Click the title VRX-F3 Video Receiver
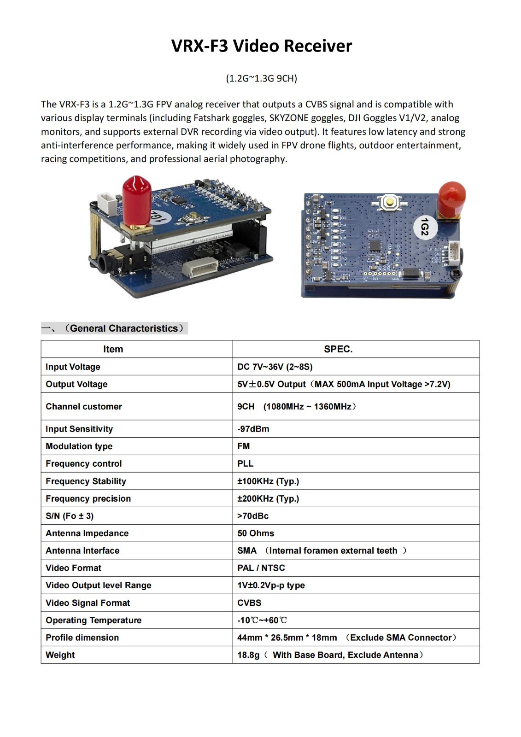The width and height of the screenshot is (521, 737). pos(261,46)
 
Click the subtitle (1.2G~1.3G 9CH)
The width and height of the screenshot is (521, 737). pos(261,78)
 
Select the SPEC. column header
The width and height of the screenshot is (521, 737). pos(338,349)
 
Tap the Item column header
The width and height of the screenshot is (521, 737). pos(113,349)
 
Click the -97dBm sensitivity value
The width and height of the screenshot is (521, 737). pos(253,429)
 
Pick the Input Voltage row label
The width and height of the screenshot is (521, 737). pos(73,367)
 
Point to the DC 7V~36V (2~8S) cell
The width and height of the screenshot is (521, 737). pos(275,367)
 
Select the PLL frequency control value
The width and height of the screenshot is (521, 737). pos(246,463)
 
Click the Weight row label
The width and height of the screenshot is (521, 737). pos(60,655)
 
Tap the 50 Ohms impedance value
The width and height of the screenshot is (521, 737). pos(256,533)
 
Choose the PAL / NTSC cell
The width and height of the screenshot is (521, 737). pos(261,568)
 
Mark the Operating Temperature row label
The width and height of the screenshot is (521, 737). pos(94,620)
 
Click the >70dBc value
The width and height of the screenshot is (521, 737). pos(253,516)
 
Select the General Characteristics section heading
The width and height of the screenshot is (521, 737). pos(124,328)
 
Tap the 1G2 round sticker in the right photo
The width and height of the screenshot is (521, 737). pos(425,227)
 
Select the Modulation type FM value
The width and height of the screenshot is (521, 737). pos(244,446)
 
